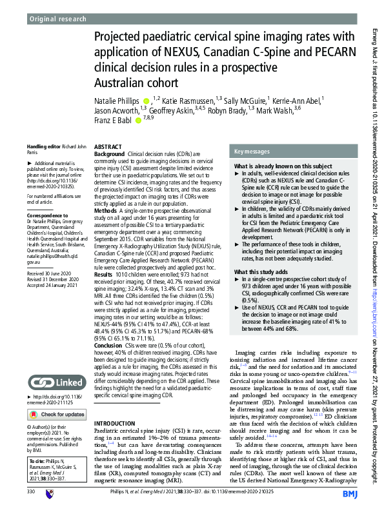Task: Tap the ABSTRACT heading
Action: click(108, 148)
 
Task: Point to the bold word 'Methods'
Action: click(106, 211)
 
